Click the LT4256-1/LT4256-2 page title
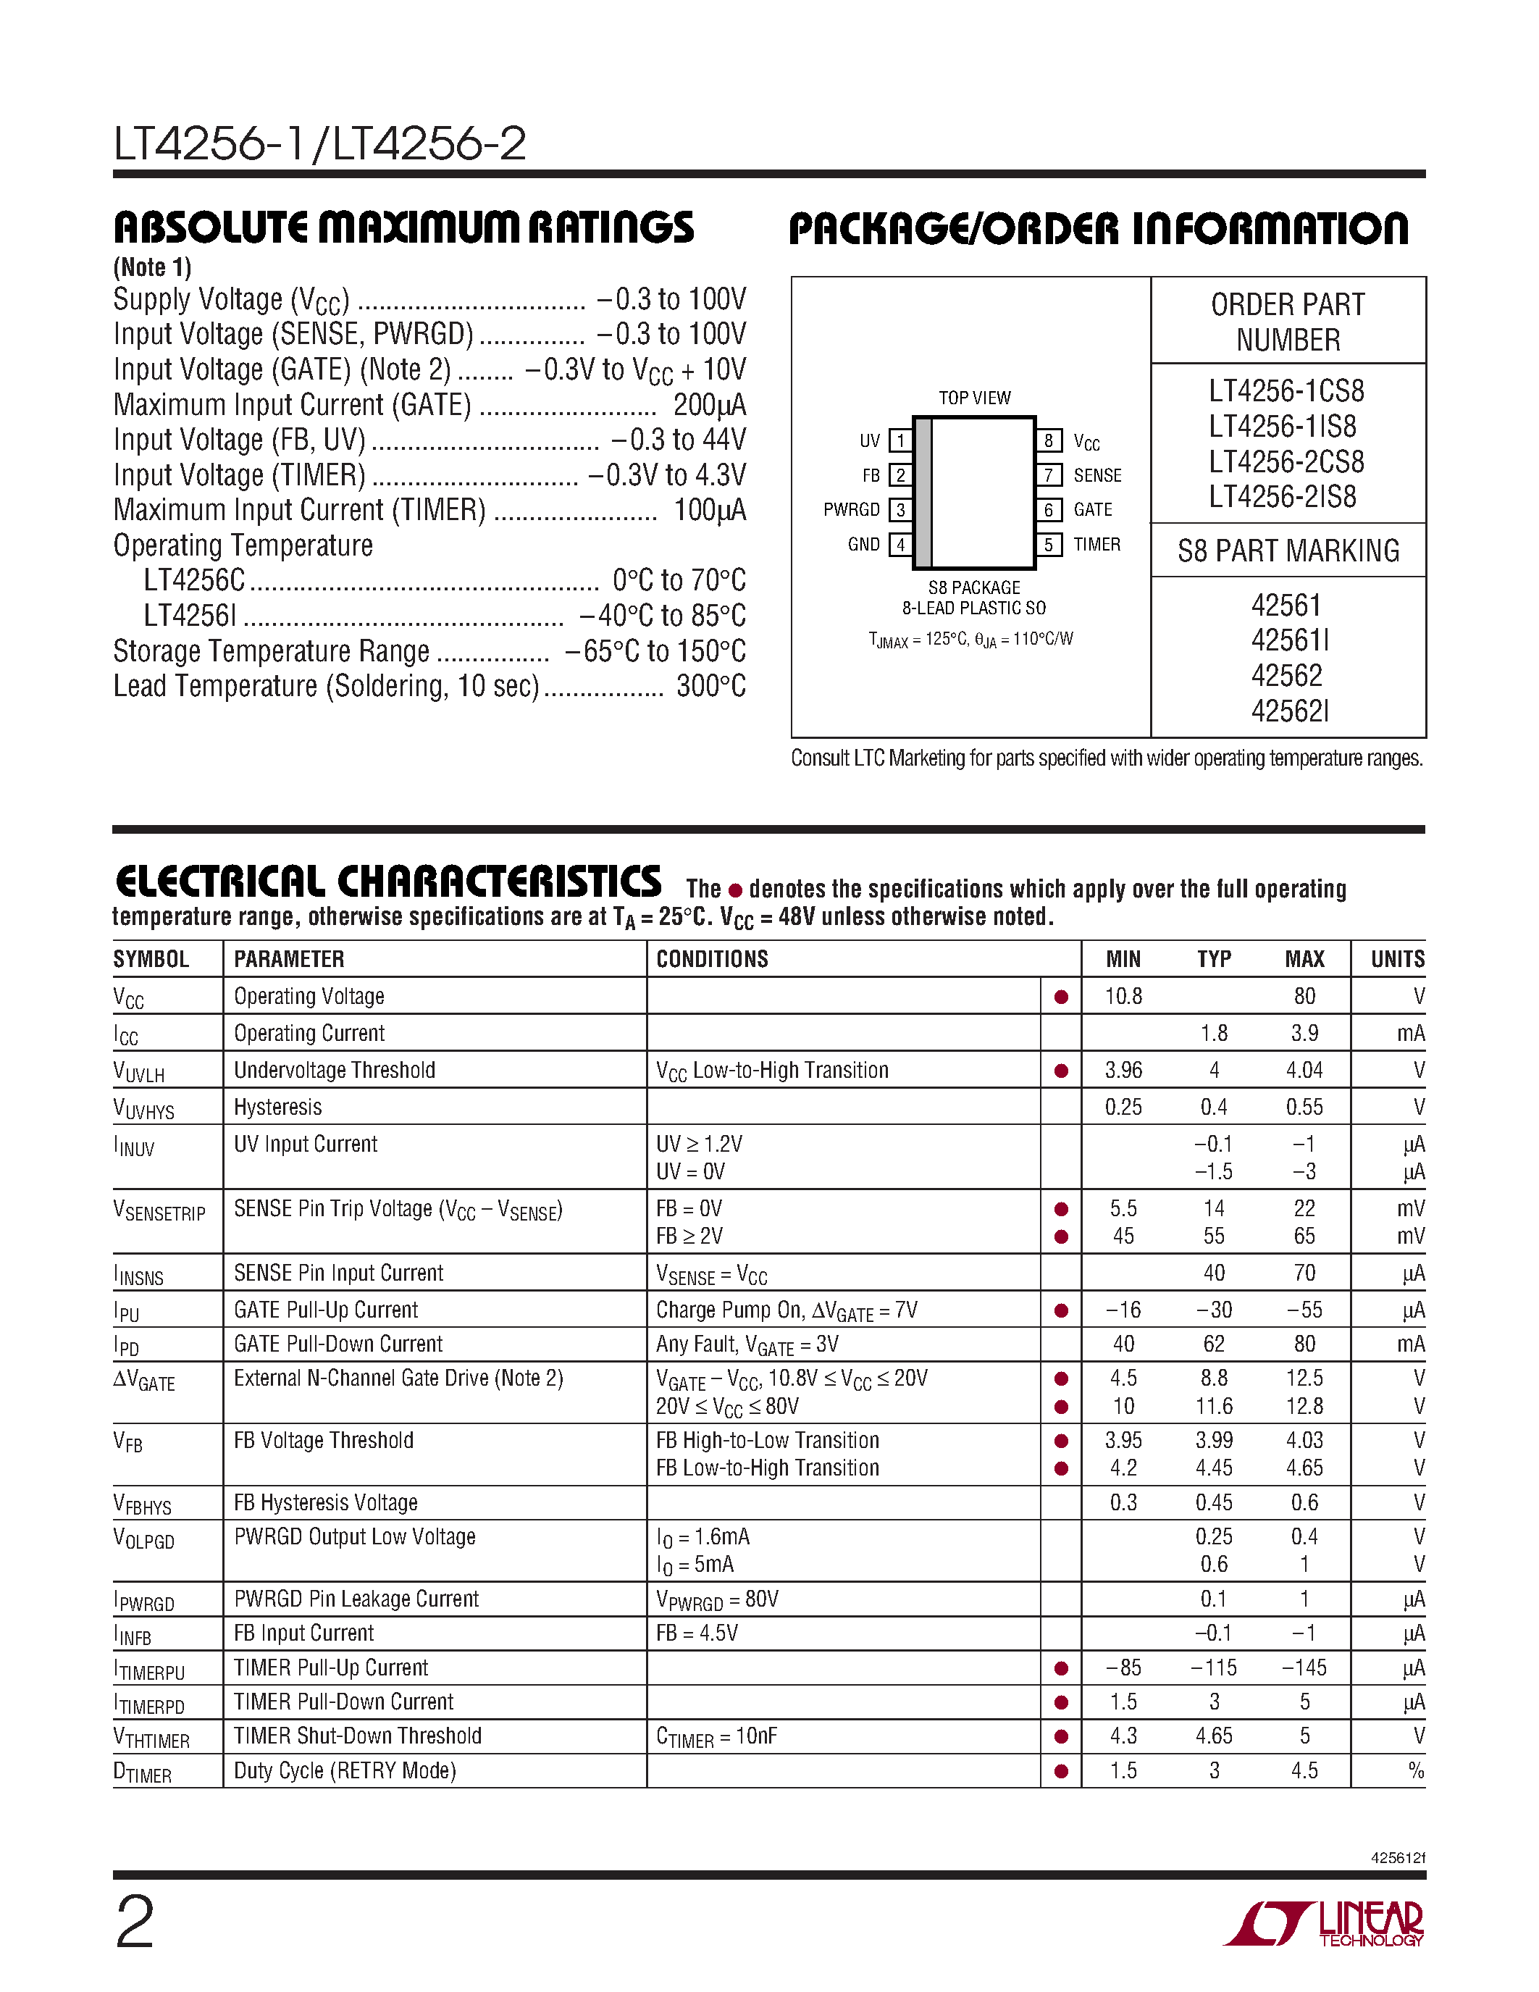pyautogui.click(x=319, y=144)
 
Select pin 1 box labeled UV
pyautogui.click(x=900, y=441)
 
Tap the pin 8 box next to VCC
pyautogui.click(x=1049, y=441)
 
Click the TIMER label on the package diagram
pyautogui.click(x=1096, y=545)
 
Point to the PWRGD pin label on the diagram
pyautogui.click(x=851, y=510)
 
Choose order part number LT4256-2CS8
pyautogui.click(x=1286, y=462)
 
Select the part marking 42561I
pyautogui.click(x=1289, y=640)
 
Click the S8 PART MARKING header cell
pyautogui.click(x=1288, y=551)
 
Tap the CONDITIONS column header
pyautogui.click(x=712, y=960)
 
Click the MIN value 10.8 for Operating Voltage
pyautogui.click(x=1123, y=997)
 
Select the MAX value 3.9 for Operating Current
pyautogui.click(x=1304, y=1034)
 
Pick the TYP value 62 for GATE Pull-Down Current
pyautogui.click(x=1214, y=1344)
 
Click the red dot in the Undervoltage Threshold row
pyautogui.click(x=1061, y=1071)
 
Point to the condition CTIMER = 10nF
pyautogui.click(x=716, y=1736)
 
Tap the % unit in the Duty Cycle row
pyautogui.click(x=1415, y=1771)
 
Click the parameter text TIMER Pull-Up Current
pyautogui.click(x=331, y=1668)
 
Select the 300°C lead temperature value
pyautogui.click(x=711, y=687)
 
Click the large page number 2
pyautogui.click(x=135, y=1922)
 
